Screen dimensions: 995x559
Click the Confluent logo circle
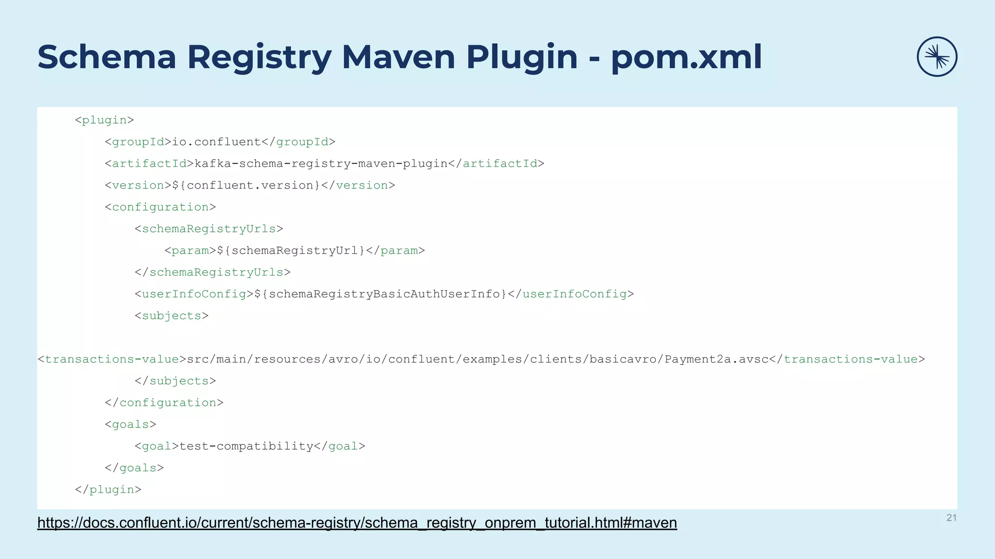click(x=937, y=57)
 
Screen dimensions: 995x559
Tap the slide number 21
click(x=951, y=518)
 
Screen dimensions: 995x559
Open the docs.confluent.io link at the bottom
click(x=357, y=523)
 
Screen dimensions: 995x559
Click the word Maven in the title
click(x=398, y=57)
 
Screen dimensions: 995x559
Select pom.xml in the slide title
click(x=686, y=57)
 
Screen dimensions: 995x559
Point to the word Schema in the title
click(x=107, y=57)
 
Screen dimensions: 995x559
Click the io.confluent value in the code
click(x=217, y=142)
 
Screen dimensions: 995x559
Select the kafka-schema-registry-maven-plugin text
click(x=321, y=164)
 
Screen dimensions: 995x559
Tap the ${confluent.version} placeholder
click(x=246, y=185)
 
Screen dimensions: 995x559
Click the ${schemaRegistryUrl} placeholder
click(x=291, y=250)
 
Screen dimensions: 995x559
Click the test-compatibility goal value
click(x=246, y=446)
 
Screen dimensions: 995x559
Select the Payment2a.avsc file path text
click(x=478, y=359)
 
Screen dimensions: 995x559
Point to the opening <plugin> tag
click(x=104, y=120)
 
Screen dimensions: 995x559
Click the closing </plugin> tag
click(x=108, y=489)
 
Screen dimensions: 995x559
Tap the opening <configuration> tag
click(x=160, y=207)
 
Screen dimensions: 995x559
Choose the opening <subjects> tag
click(x=172, y=316)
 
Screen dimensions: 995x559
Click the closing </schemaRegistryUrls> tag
click(x=213, y=272)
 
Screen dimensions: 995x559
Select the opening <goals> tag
click(x=131, y=425)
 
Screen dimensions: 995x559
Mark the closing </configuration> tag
click(x=164, y=403)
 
